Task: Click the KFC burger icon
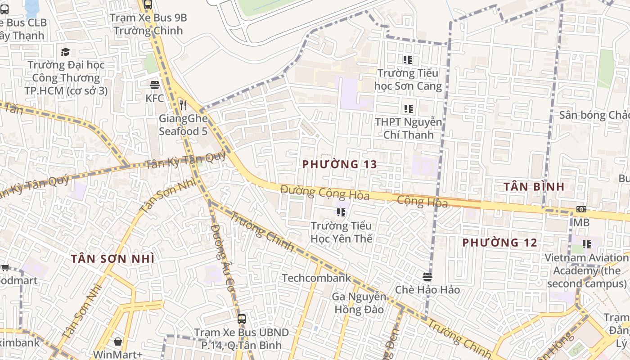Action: [155, 85]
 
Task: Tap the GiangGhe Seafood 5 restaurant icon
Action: [183, 105]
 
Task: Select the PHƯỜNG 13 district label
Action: [339, 164]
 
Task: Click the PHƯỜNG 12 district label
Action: [499, 243]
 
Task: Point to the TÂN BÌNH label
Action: [534, 186]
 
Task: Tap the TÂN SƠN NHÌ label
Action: [112, 259]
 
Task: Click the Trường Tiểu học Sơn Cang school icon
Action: [408, 60]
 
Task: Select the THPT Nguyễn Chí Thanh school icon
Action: [408, 108]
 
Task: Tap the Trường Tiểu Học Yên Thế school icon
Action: [341, 212]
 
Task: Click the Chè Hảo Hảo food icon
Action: [427, 276]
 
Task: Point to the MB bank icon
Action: [581, 209]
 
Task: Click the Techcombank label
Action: [316, 278]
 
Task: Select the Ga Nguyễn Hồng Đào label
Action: [359, 303]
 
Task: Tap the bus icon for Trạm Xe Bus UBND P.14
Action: [242, 319]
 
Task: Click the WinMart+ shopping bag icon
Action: [118, 342]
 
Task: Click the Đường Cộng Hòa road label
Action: [324, 193]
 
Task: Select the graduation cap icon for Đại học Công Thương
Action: [66, 52]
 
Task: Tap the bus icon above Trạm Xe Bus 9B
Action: [148, 5]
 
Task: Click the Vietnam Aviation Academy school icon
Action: [587, 244]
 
